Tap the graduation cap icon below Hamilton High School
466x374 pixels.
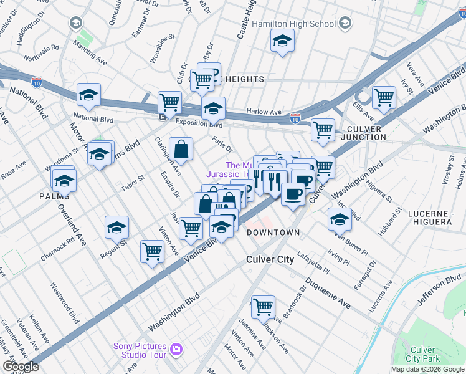point(282,41)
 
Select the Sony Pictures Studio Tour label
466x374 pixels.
point(140,350)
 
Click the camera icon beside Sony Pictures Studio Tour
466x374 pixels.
point(177,350)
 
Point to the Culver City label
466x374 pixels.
point(270,259)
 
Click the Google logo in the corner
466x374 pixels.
point(20,367)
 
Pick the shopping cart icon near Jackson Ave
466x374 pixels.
point(264,306)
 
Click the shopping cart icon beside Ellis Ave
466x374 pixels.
point(384,97)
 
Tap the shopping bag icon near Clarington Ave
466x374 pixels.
point(181,149)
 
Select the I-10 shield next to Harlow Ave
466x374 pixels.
point(295,117)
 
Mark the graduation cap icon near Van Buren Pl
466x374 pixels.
point(340,219)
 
